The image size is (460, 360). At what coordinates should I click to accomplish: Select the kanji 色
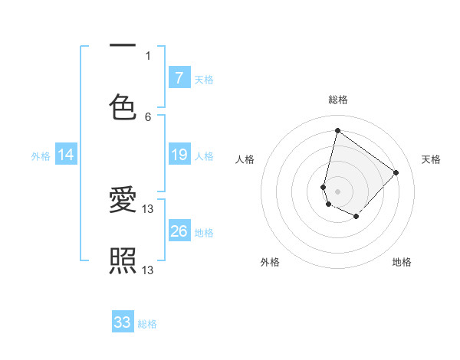click(x=123, y=107)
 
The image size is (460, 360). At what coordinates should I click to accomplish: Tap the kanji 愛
click(x=123, y=201)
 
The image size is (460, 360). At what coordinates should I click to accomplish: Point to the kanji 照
click(x=123, y=261)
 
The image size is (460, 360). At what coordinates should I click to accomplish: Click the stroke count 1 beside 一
click(x=148, y=55)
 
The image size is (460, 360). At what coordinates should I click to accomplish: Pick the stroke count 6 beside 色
click(x=148, y=116)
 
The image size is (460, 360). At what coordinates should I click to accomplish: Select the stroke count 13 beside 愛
click(x=149, y=209)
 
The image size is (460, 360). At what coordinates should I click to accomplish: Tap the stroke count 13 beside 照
click(x=149, y=270)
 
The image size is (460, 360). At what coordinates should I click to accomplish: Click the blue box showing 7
click(x=179, y=77)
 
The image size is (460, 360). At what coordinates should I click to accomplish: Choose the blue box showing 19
click(x=179, y=155)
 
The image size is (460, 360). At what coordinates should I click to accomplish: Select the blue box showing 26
click(x=179, y=231)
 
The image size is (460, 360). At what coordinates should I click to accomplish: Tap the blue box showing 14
click(x=66, y=155)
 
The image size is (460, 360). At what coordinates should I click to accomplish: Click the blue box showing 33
click(x=123, y=322)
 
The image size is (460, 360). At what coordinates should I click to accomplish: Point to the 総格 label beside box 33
click(x=147, y=324)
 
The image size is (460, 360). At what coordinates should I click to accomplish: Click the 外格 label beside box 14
click(x=41, y=156)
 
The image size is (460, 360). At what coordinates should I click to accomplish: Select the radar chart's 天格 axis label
click(x=431, y=159)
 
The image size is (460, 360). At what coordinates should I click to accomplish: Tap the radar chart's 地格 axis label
click(x=402, y=262)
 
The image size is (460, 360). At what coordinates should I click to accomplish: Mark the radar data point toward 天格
click(x=396, y=172)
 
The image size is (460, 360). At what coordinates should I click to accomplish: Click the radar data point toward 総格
click(x=337, y=130)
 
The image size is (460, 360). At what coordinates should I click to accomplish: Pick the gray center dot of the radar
click(x=337, y=191)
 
